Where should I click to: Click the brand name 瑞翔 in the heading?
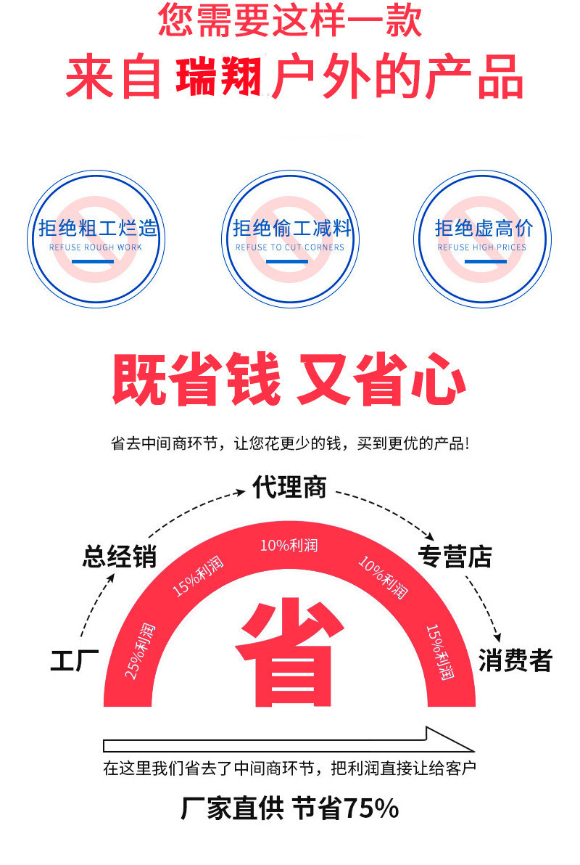[x=218, y=76]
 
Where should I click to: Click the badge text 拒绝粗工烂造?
[x=97, y=229]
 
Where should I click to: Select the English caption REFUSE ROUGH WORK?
[x=96, y=247]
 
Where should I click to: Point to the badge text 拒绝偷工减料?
[x=290, y=229]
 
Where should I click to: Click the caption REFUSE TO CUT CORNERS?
[x=290, y=247]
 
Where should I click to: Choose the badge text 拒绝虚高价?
[x=483, y=229]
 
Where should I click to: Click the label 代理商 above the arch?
[x=289, y=487]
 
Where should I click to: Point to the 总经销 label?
[x=119, y=557]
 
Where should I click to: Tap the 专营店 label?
[x=455, y=557]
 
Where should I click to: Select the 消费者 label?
[x=515, y=661]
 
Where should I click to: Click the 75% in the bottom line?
[x=370, y=808]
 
